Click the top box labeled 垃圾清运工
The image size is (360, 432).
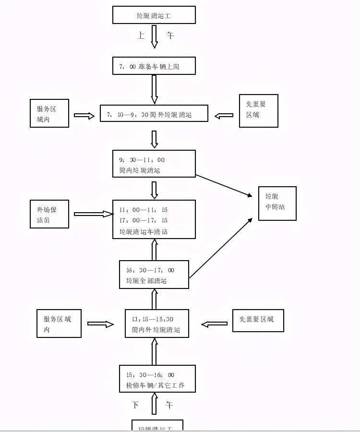coord(154,15)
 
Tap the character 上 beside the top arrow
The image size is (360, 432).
coord(141,36)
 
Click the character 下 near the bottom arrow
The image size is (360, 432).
coord(136,405)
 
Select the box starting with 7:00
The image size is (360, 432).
coord(154,66)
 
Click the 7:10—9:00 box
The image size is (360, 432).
coord(154,114)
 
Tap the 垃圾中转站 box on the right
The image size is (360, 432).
coord(277,204)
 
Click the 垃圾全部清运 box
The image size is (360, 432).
coord(154,275)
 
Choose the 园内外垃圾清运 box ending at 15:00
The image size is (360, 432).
coord(154,324)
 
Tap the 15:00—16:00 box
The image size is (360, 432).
coord(157,379)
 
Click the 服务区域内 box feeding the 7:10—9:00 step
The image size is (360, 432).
coord(49,114)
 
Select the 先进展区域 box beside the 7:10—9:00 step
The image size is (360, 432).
coord(259,111)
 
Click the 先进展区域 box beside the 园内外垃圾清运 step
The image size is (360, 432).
coord(258,321)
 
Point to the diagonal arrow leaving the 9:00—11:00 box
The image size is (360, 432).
coord(224,185)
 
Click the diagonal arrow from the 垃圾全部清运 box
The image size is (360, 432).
coord(221,248)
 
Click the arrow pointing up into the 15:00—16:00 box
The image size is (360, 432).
coord(155,403)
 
